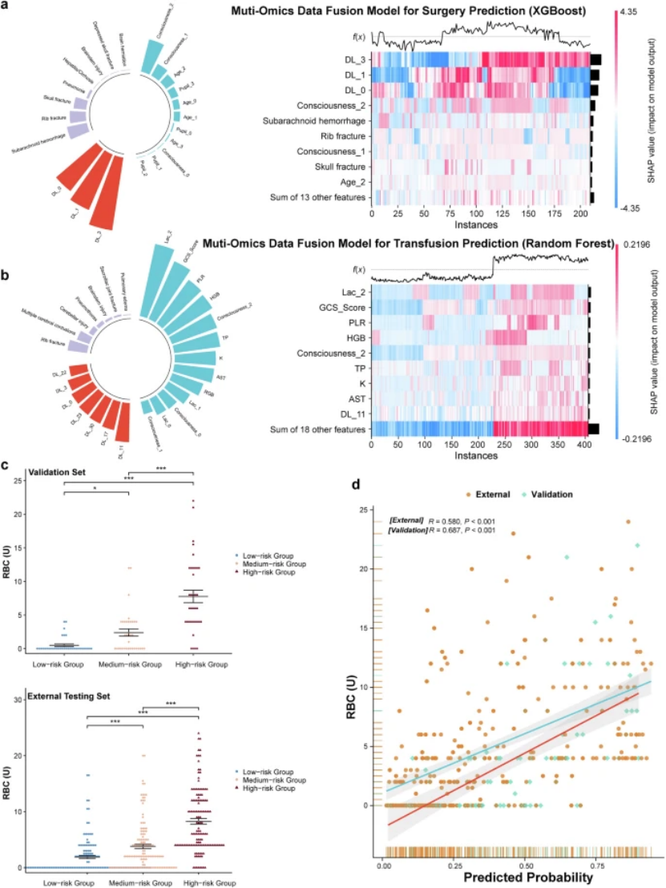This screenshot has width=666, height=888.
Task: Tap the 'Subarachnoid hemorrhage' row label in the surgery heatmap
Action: (319, 121)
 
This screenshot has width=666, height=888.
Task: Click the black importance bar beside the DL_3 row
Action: (595, 60)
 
